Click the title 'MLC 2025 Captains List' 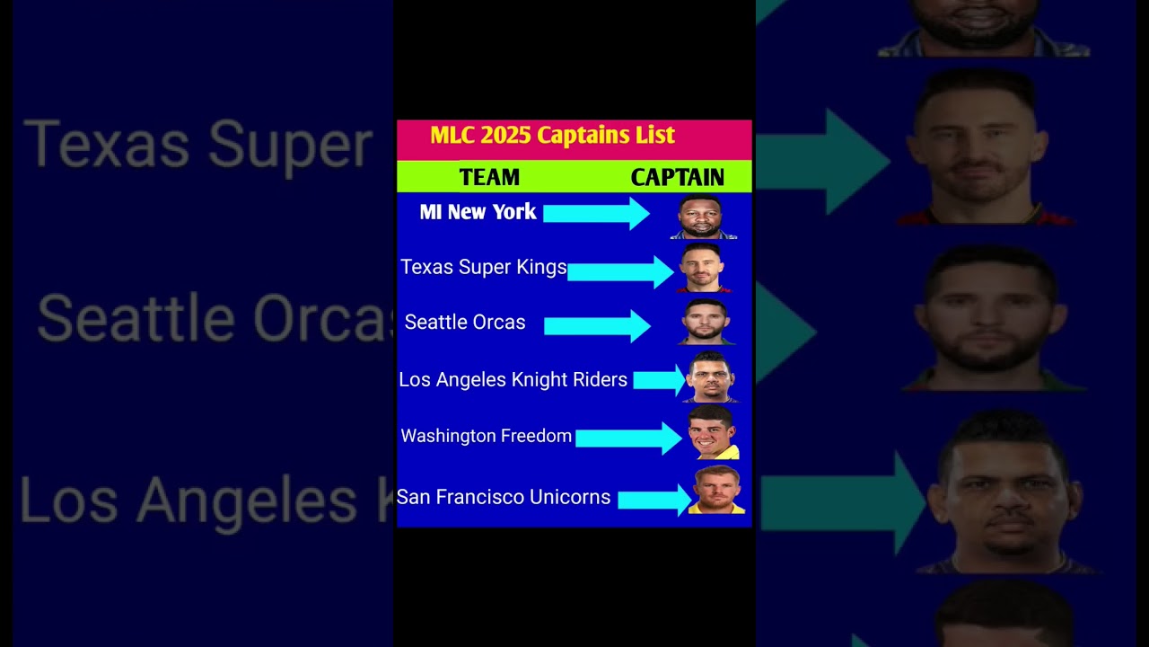tap(552, 136)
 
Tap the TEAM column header tap(489, 178)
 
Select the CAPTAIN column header tap(677, 178)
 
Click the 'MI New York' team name tap(478, 211)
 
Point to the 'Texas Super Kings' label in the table tap(483, 267)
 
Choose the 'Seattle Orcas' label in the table tap(465, 323)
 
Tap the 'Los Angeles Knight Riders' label tap(513, 380)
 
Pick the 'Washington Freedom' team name tap(486, 436)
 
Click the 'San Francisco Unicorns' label tap(504, 497)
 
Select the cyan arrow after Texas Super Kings tap(620, 272)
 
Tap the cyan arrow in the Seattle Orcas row tap(597, 325)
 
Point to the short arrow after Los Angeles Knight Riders tap(659, 380)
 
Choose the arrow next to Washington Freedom tap(629, 438)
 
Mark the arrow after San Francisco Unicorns tap(654, 500)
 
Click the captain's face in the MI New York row tap(701, 217)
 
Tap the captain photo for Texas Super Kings tap(703, 268)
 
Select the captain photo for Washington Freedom tap(713, 432)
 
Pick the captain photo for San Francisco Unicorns tap(716, 490)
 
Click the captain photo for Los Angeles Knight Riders tap(711, 377)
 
